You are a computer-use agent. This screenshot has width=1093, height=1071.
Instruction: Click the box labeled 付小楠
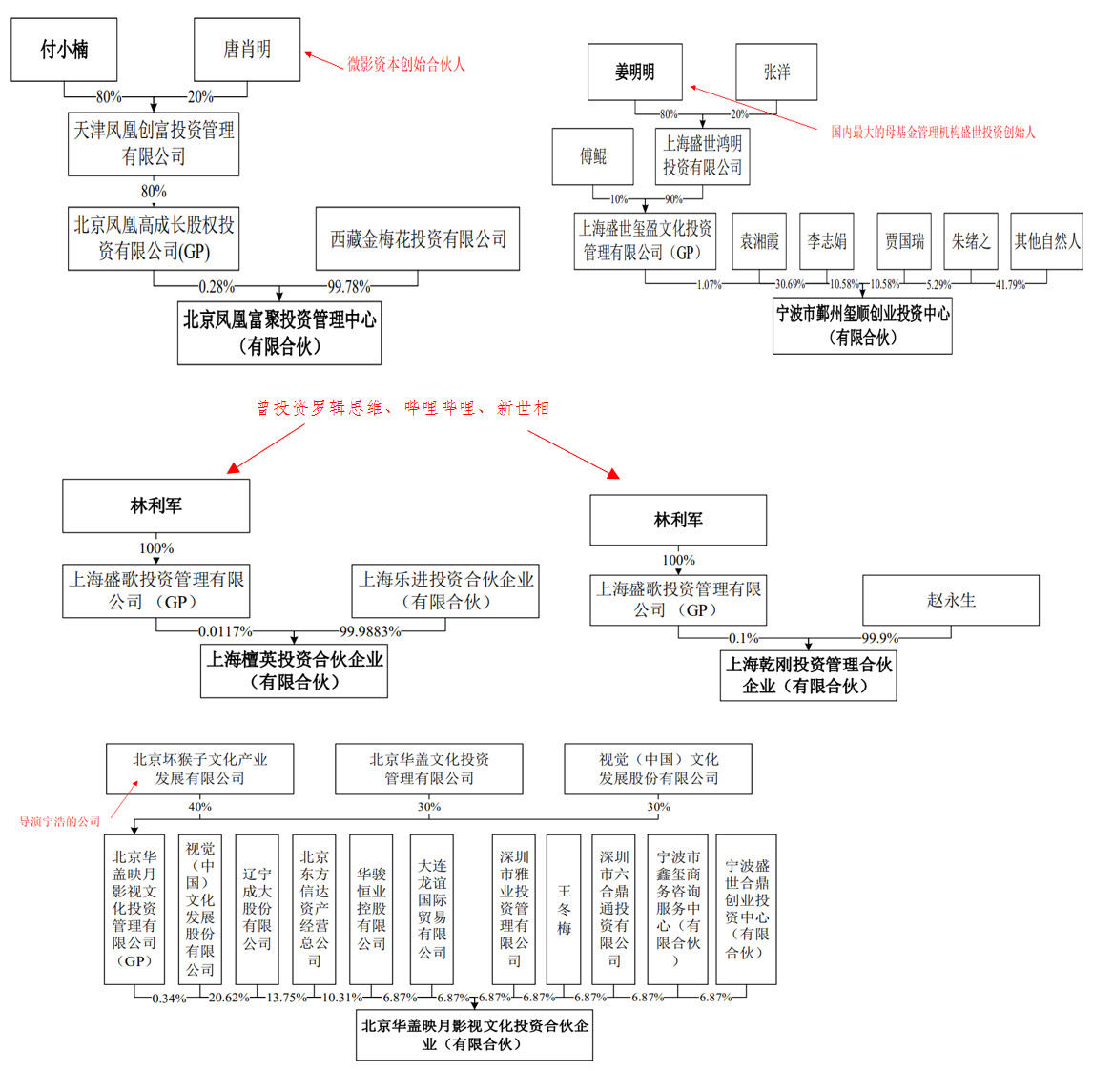64,50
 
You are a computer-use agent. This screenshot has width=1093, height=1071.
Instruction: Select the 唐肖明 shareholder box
247,50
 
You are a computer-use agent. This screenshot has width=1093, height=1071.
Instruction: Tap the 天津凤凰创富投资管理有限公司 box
154,144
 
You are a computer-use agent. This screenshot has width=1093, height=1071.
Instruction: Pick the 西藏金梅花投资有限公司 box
418,239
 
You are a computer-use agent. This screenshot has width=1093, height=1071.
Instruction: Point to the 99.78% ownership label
349,286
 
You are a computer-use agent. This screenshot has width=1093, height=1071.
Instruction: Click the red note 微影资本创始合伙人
406,65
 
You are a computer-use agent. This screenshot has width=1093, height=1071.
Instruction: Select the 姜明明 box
635,72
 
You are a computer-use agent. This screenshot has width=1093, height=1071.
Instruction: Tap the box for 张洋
776,72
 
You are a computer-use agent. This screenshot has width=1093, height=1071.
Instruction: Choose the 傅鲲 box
592,156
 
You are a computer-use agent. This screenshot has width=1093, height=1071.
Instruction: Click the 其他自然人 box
1047,241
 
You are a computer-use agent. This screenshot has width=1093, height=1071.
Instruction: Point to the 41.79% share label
1010,284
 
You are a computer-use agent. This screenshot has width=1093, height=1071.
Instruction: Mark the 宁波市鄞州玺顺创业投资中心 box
862,325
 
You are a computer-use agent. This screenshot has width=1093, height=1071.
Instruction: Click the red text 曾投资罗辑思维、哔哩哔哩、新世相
402,408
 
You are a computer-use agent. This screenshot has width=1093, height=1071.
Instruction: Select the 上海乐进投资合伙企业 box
445,590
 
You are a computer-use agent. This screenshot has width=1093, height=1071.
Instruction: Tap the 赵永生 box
951,600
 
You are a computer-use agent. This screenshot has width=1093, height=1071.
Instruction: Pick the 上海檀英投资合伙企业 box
295,670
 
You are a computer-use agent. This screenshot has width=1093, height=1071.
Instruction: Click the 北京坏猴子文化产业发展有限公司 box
199,769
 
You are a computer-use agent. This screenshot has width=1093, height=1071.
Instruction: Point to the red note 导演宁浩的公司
60,821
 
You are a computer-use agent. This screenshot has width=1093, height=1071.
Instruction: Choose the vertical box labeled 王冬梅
564,910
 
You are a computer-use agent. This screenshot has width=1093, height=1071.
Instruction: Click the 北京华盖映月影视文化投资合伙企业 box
474,1035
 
